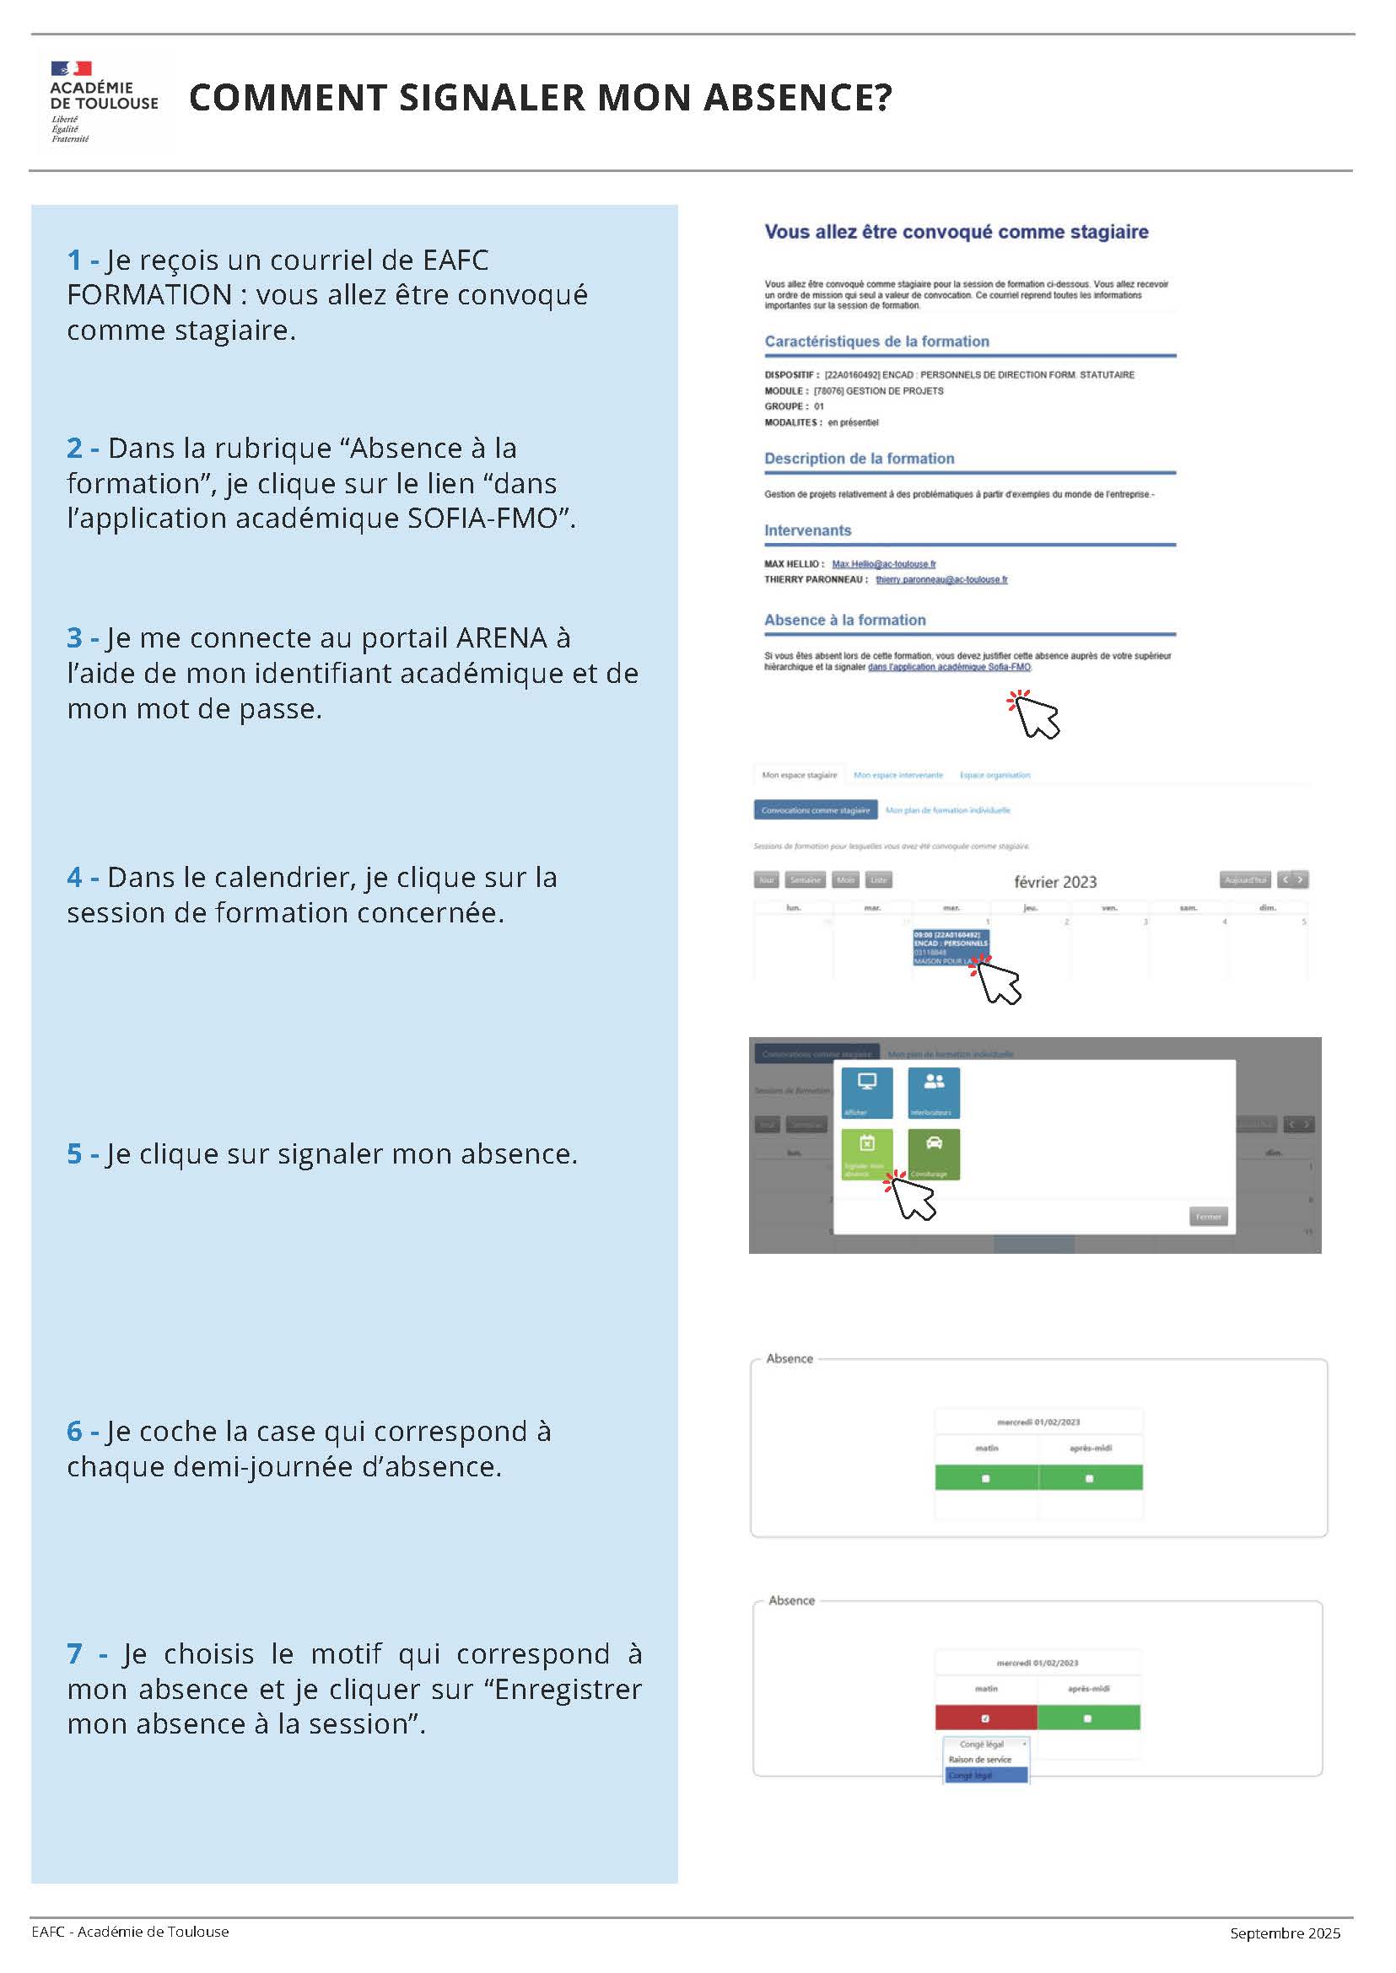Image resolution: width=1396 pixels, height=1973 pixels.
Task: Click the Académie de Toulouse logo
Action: click(x=103, y=101)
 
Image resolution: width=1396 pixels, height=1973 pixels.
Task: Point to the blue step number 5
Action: click(x=74, y=1154)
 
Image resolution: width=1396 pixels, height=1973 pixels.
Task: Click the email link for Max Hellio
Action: click(x=884, y=565)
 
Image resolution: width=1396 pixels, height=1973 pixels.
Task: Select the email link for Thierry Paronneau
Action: click(x=941, y=580)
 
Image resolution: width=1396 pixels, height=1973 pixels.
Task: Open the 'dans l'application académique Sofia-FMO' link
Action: click(x=949, y=668)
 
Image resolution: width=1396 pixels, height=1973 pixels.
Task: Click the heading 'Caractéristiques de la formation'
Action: click(x=876, y=342)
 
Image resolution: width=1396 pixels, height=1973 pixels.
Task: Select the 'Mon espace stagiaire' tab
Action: click(x=800, y=775)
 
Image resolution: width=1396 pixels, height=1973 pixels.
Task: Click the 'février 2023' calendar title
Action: click(x=1054, y=883)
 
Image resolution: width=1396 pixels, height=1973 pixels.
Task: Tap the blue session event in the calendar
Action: click(x=950, y=947)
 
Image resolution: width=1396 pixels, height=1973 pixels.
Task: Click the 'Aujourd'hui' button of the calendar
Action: click(x=1245, y=880)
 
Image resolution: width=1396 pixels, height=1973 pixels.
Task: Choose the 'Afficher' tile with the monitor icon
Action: click(x=866, y=1092)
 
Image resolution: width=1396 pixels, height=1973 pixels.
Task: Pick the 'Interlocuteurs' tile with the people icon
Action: click(x=934, y=1092)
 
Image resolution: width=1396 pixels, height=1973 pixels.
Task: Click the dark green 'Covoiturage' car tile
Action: click(x=934, y=1154)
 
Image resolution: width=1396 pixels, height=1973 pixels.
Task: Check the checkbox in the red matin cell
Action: click(x=985, y=1718)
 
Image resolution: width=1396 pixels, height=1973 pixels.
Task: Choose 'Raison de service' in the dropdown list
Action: click(x=980, y=1760)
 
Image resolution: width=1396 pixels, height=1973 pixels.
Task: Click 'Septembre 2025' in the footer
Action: click(x=1285, y=1933)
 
